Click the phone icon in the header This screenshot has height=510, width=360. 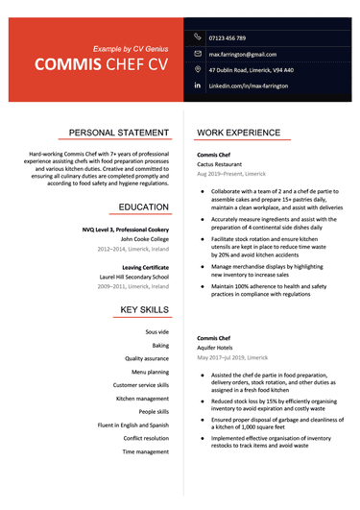click(197, 36)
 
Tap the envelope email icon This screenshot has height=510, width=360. click(197, 54)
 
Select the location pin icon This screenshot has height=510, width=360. click(197, 70)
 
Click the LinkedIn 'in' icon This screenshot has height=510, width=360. click(197, 86)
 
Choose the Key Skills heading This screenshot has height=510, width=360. click(144, 309)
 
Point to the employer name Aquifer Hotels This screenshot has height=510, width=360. click(216, 349)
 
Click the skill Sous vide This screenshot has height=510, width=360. click(156, 332)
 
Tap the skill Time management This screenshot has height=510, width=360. click(146, 451)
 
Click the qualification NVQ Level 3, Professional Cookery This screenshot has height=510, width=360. click(125, 230)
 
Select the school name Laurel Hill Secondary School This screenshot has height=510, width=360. click(133, 277)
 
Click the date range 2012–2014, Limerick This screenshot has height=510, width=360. click(132, 249)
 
